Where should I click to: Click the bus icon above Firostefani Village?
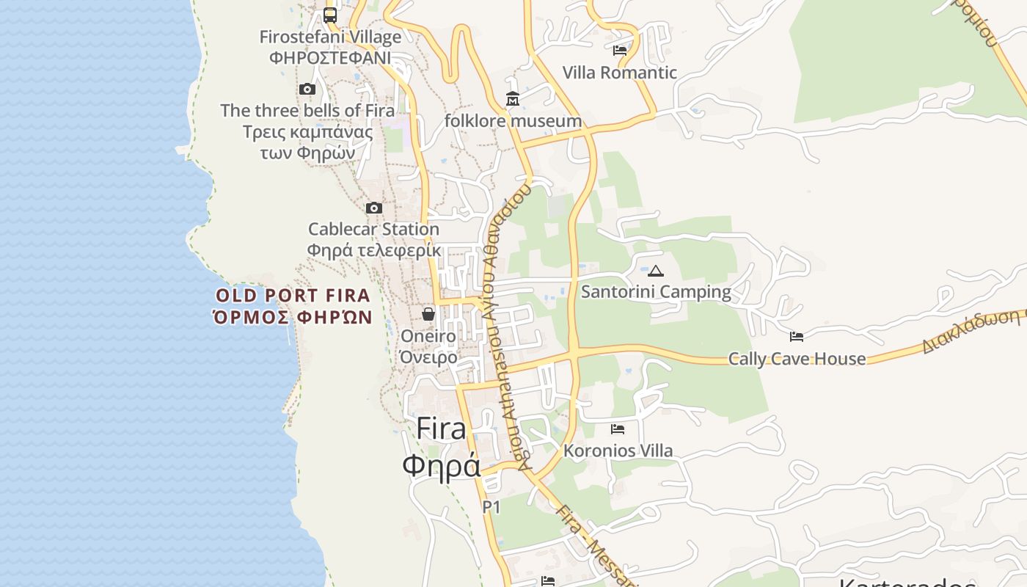click(x=330, y=15)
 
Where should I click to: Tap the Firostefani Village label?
click(x=330, y=37)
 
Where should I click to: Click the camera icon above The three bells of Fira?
click(x=307, y=90)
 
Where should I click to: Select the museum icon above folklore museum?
click(x=513, y=99)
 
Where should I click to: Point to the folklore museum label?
click(x=513, y=120)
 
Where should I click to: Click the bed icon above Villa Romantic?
click(x=620, y=51)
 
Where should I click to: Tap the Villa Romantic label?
click(x=620, y=73)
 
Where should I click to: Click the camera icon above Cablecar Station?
click(x=374, y=208)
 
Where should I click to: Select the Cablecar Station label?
click(x=373, y=229)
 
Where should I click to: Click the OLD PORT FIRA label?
click(x=293, y=296)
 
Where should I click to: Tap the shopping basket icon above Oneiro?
click(x=428, y=314)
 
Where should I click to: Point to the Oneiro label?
click(x=428, y=336)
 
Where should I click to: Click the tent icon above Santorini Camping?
click(x=656, y=271)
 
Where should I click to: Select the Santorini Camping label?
click(x=656, y=292)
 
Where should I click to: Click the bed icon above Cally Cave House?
click(x=797, y=337)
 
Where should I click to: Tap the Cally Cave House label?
click(x=797, y=359)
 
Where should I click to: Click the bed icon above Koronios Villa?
click(x=618, y=429)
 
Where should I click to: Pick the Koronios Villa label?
click(x=618, y=451)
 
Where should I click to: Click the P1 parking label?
click(x=491, y=507)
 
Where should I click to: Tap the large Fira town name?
click(x=441, y=429)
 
